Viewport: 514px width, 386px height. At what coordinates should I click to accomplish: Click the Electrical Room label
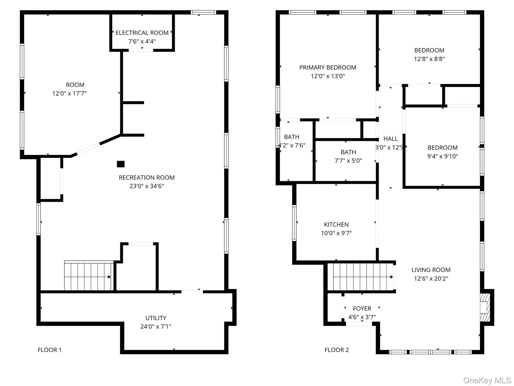[142, 33]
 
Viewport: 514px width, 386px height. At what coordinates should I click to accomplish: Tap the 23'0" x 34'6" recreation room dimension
[147, 186]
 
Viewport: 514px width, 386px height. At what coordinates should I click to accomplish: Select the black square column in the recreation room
[121, 164]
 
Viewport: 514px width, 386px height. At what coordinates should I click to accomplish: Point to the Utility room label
[156, 318]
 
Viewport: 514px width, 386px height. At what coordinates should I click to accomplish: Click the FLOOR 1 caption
[49, 350]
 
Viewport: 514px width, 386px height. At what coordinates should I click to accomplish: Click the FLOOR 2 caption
[336, 350]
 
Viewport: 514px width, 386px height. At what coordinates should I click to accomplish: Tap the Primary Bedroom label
[328, 67]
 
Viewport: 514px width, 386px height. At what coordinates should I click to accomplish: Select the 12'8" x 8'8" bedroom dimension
[429, 59]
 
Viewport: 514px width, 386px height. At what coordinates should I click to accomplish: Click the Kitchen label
[336, 225]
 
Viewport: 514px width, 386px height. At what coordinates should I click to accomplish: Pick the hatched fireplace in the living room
[485, 307]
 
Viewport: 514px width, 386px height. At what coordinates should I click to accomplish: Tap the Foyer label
[362, 309]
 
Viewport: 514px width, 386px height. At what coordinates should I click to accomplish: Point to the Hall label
[390, 139]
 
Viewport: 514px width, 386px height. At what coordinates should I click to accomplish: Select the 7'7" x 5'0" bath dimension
[348, 161]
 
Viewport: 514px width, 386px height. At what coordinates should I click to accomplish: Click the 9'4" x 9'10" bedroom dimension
[442, 156]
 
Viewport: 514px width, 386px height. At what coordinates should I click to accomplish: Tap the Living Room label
[431, 270]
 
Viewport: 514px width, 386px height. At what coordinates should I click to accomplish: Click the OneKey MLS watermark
[487, 380]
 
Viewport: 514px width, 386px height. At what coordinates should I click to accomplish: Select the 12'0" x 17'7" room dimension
[69, 94]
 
